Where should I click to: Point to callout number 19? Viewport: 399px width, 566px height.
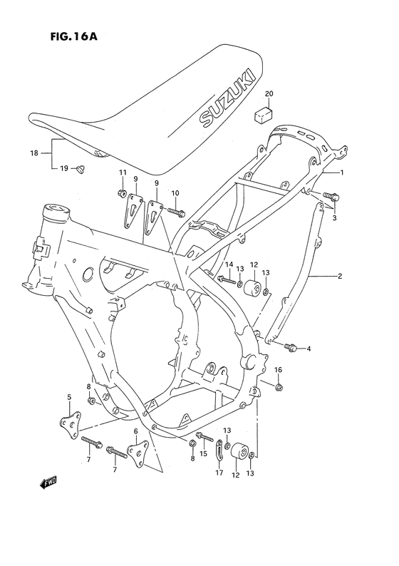point(63,168)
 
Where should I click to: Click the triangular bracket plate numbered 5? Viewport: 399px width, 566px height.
point(71,422)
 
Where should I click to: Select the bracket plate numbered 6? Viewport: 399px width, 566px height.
point(136,451)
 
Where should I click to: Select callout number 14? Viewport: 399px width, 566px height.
point(229,264)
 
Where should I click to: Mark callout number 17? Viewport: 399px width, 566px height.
point(219,471)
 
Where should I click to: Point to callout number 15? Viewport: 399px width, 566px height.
point(203,454)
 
